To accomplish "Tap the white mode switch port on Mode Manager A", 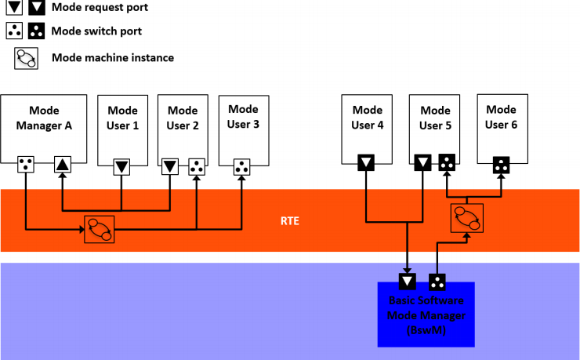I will pyautogui.click(x=26, y=165).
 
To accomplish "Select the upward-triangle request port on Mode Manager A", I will pyautogui.click(x=63, y=165).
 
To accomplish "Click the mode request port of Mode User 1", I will pyautogui.click(x=121, y=166).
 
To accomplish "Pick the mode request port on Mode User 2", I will pyautogui.click(x=170, y=166).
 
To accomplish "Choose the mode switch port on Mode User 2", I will pyautogui.click(x=196, y=166).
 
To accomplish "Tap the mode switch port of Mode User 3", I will pyautogui.click(x=243, y=166).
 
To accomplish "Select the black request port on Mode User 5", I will pyautogui.click(x=423, y=163).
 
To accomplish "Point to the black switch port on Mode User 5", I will pyautogui.click(x=448, y=163).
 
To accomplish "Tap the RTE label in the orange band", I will pyautogui.click(x=290, y=221).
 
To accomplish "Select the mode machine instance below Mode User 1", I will pyautogui.click(x=100, y=228).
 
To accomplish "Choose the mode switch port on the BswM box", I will pyautogui.click(x=437, y=282).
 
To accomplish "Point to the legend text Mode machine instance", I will pyautogui.click(x=112, y=57).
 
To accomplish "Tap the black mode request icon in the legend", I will pyautogui.click(x=37, y=9).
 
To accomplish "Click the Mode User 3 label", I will pyautogui.click(x=243, y=117).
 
